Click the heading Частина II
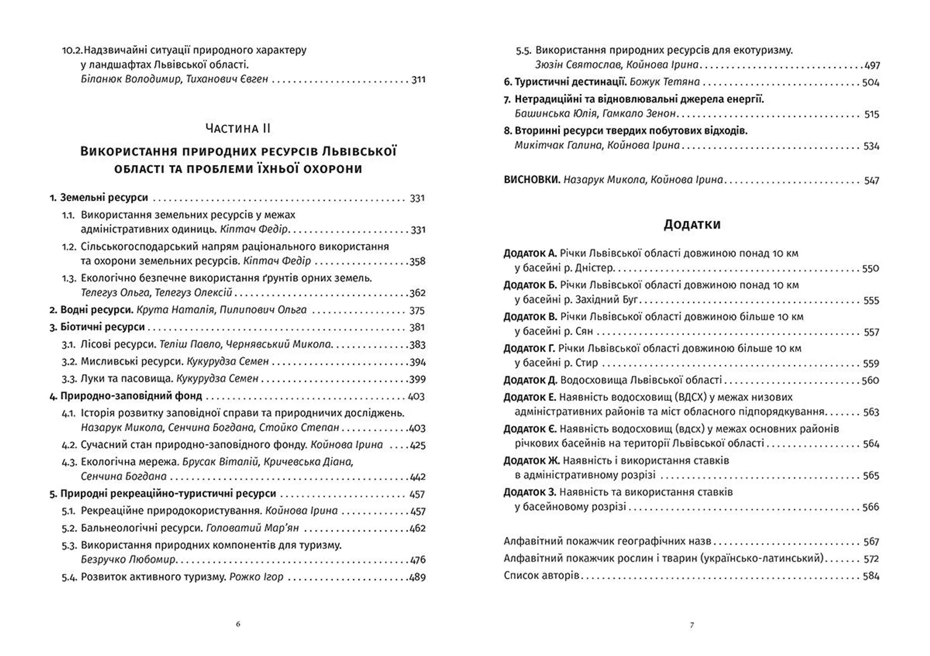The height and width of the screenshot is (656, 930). click(238, 128)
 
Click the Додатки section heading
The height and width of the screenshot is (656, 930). click(692, 225)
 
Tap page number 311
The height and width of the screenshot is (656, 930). click(418, 80)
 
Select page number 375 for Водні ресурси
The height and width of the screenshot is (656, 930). click(417, 310)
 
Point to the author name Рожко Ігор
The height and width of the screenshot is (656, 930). click(256, 577)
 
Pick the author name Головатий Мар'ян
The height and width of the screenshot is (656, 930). click(252, 528)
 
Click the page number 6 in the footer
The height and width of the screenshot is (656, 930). click(238, 624)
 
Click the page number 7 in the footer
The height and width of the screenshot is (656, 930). click(692, 625)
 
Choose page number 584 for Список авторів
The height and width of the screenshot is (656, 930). click(871, 576)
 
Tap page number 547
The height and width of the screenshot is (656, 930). click(871, 181)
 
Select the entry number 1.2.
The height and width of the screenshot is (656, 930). click(69, 247)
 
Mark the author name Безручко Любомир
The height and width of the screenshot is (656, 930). click(128, 560)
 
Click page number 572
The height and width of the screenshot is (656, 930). click(871, 559)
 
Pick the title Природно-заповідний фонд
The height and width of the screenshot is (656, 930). click(131, 396)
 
